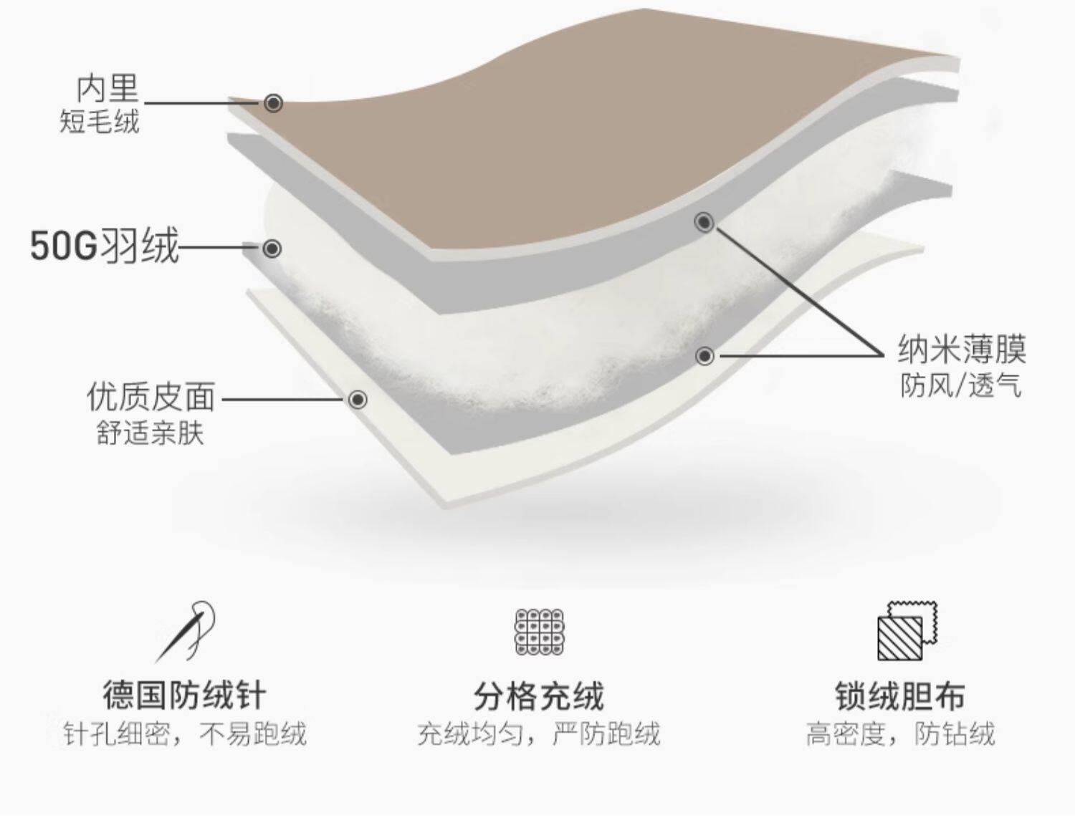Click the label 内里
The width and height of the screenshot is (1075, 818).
[x=107, y=89]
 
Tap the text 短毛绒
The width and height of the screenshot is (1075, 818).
[x=99, y=122]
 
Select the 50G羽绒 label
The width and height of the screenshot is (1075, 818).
[x=105, y=247]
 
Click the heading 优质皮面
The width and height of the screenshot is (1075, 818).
[x=150, y=397]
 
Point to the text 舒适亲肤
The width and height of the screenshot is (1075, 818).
[x=150, y=433]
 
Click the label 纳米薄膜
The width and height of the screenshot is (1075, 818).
[x=962, y=350]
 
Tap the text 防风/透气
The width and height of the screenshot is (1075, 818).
[x=961, y=386]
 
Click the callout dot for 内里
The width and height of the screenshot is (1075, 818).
[x=273, y=103]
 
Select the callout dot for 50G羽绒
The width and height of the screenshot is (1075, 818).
[x=272, y=249]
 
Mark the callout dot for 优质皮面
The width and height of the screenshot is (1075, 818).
[x=358, y=399]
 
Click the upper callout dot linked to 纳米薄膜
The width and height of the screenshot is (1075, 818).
[x=704, y=223]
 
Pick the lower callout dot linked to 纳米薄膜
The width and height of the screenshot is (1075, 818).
[x=705, y=355]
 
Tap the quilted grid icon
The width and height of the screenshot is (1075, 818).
[x=540, y=632]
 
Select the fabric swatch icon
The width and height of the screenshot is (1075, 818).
[x=907, y=631]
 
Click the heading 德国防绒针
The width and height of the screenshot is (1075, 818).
[x=184, y=695]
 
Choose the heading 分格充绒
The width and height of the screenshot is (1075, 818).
[x=539, y=696]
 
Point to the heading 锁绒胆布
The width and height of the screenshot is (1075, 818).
[x=900, y=696]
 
